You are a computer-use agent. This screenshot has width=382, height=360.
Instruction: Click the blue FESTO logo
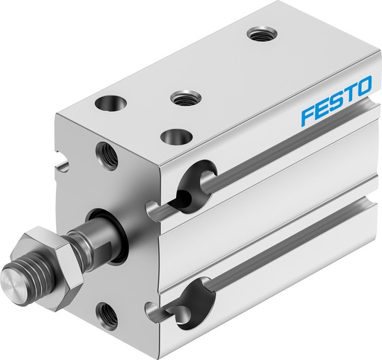[x=335, y=104]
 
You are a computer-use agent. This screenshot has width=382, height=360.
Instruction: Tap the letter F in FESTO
[x=307, y=116]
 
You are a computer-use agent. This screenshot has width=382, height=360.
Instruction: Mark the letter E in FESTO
[x=321, y=110]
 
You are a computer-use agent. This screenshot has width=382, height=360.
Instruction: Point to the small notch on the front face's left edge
[x=58, y=157]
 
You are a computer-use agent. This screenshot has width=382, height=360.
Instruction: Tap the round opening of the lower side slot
[x=196, y=306]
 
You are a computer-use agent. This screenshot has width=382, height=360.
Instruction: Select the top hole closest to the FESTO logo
[x=260, y=33]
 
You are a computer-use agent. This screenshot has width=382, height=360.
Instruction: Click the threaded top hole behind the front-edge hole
[x=183, y=98]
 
